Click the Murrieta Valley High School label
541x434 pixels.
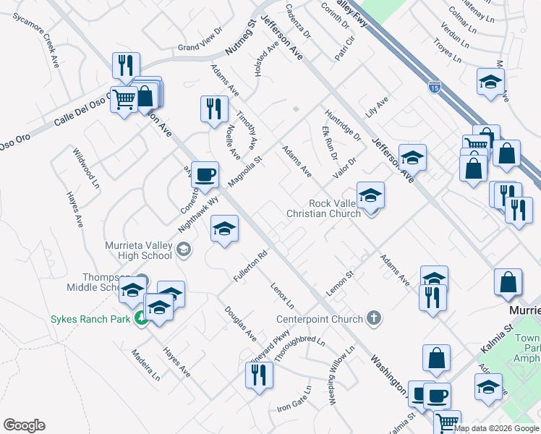click(x=138, y=250)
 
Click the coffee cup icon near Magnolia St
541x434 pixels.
click(x=205, y=174)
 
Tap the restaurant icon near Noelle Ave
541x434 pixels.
click(x=214, y=110)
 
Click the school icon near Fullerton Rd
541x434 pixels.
click(x=224, y=230)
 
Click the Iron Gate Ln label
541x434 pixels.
click(x=294, y=403)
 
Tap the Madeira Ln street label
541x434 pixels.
click(x=145, y=365)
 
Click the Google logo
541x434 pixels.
click(x=24, y=425)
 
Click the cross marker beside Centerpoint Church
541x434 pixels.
click(x=373, y=318)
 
